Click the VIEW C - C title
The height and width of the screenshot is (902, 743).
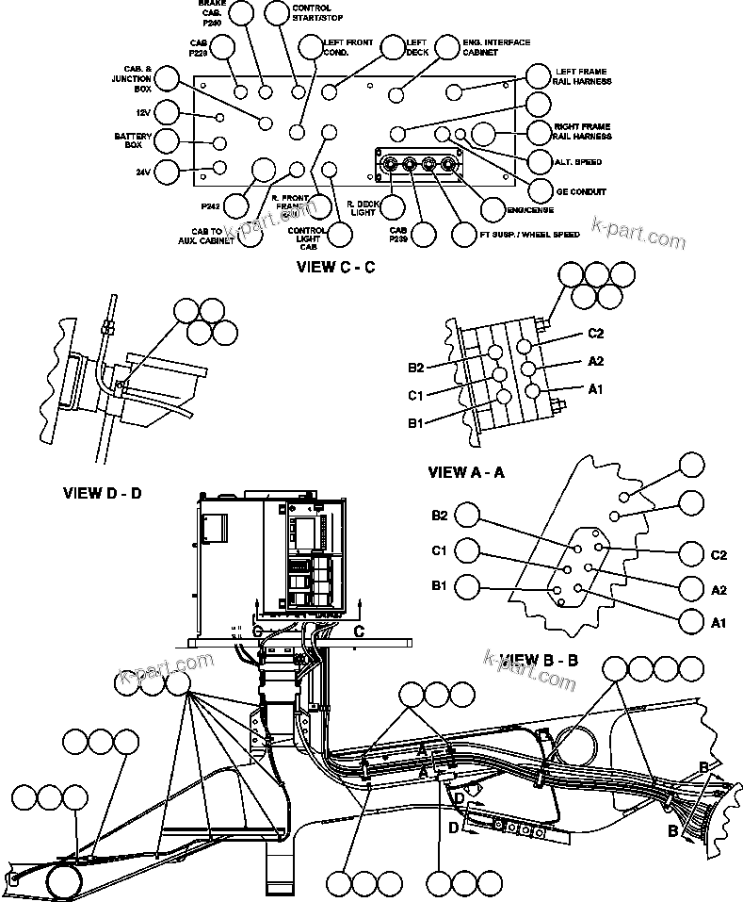[x=335, y=267]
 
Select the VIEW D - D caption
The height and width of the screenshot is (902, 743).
[x=102, y=492]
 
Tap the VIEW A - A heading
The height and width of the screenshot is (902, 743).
[x=466, y=472]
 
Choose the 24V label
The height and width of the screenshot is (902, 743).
[x=142, y=172]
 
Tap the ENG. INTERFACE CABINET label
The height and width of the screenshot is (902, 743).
[x=496, y=47]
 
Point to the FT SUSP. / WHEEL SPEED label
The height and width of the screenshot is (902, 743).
[x=529, y=234]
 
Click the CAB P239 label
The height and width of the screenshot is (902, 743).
[x=398, y=234]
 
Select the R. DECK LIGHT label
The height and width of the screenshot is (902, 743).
[x=362, y=208]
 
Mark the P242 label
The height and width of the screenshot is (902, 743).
[x=210, y=204]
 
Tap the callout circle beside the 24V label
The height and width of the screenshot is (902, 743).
[x=167, y=172]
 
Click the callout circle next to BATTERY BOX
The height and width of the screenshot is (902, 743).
[x=167, y=141]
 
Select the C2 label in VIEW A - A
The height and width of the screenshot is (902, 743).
[x=595, y=334]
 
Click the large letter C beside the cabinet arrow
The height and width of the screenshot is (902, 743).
[x=359, y=631]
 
